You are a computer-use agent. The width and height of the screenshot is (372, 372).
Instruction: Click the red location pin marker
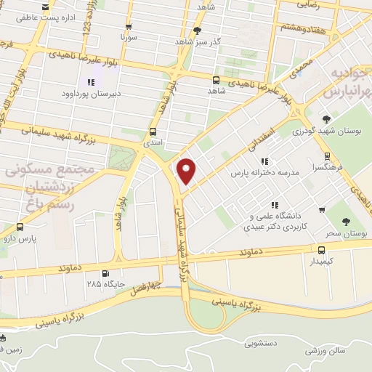[187, 171]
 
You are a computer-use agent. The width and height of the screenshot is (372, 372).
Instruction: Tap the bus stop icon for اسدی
[153, 132]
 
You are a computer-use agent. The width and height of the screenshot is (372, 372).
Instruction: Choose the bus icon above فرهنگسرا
[328, 155]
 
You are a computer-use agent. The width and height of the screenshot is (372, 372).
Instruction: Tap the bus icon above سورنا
[129, 26]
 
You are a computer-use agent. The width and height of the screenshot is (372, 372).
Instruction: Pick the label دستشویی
[262, 342]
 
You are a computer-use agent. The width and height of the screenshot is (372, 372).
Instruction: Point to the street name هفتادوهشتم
[302, 26]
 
